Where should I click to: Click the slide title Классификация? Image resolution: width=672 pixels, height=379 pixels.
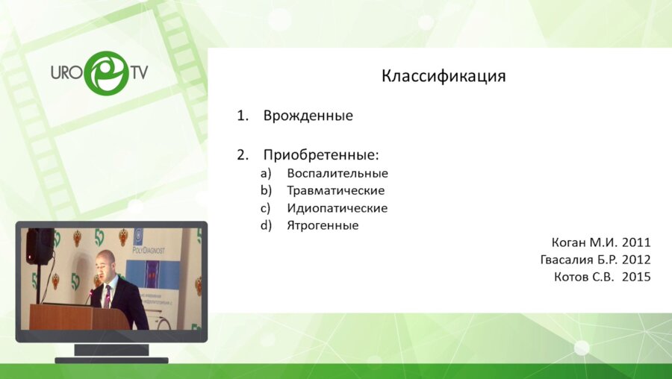[x=444, y=76]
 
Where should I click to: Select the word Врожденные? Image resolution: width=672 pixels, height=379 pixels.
[x=308, y=116]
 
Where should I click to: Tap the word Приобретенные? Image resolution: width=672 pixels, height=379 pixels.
[x=321, y=155]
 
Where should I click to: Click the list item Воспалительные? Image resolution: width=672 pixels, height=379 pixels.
[x=337, y=173]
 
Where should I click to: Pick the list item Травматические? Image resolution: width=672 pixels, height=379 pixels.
[x=335, y=190]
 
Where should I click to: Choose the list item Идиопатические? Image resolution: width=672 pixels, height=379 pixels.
[x=337, y=208]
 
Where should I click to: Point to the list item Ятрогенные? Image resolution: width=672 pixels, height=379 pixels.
[x=323, y=225]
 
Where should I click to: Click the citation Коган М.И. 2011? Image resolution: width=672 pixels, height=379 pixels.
[x=601, y=242]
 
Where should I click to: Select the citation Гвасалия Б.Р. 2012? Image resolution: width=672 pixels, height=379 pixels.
[x=595, y=260]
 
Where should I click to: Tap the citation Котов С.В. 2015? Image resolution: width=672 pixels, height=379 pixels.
[x=602, y=277]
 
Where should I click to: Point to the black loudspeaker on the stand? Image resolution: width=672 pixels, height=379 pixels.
[x=39, y=245]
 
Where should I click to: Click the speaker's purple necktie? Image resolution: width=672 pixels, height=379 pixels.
[x=108, y=295]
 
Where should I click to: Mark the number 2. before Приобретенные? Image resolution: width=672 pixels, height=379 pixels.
[x=242, y=155]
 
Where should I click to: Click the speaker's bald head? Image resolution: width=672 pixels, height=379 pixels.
[x=106, y=260]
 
